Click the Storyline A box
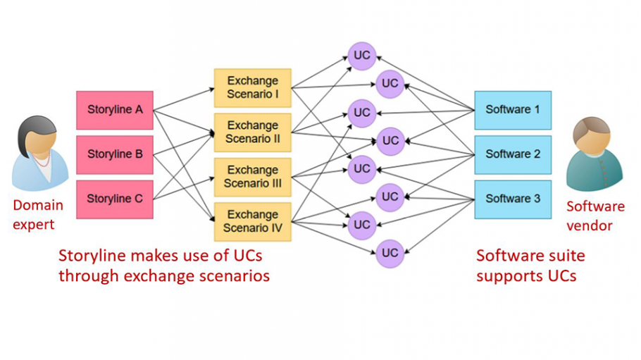click(115, 110)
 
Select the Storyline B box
click(115, 154)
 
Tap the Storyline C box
click(115, 199)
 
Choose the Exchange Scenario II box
click(252, 132)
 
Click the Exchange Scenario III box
click(252, 177)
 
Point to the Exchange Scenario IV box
click(252, 221)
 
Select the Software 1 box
click(513, 110)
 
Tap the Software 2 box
click(513, 154)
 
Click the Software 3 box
click(513, 199)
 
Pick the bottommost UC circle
click(390, 253)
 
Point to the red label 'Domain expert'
click(38, 215)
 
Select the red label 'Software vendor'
click(595, 216)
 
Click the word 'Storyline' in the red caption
click(91, 255)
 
